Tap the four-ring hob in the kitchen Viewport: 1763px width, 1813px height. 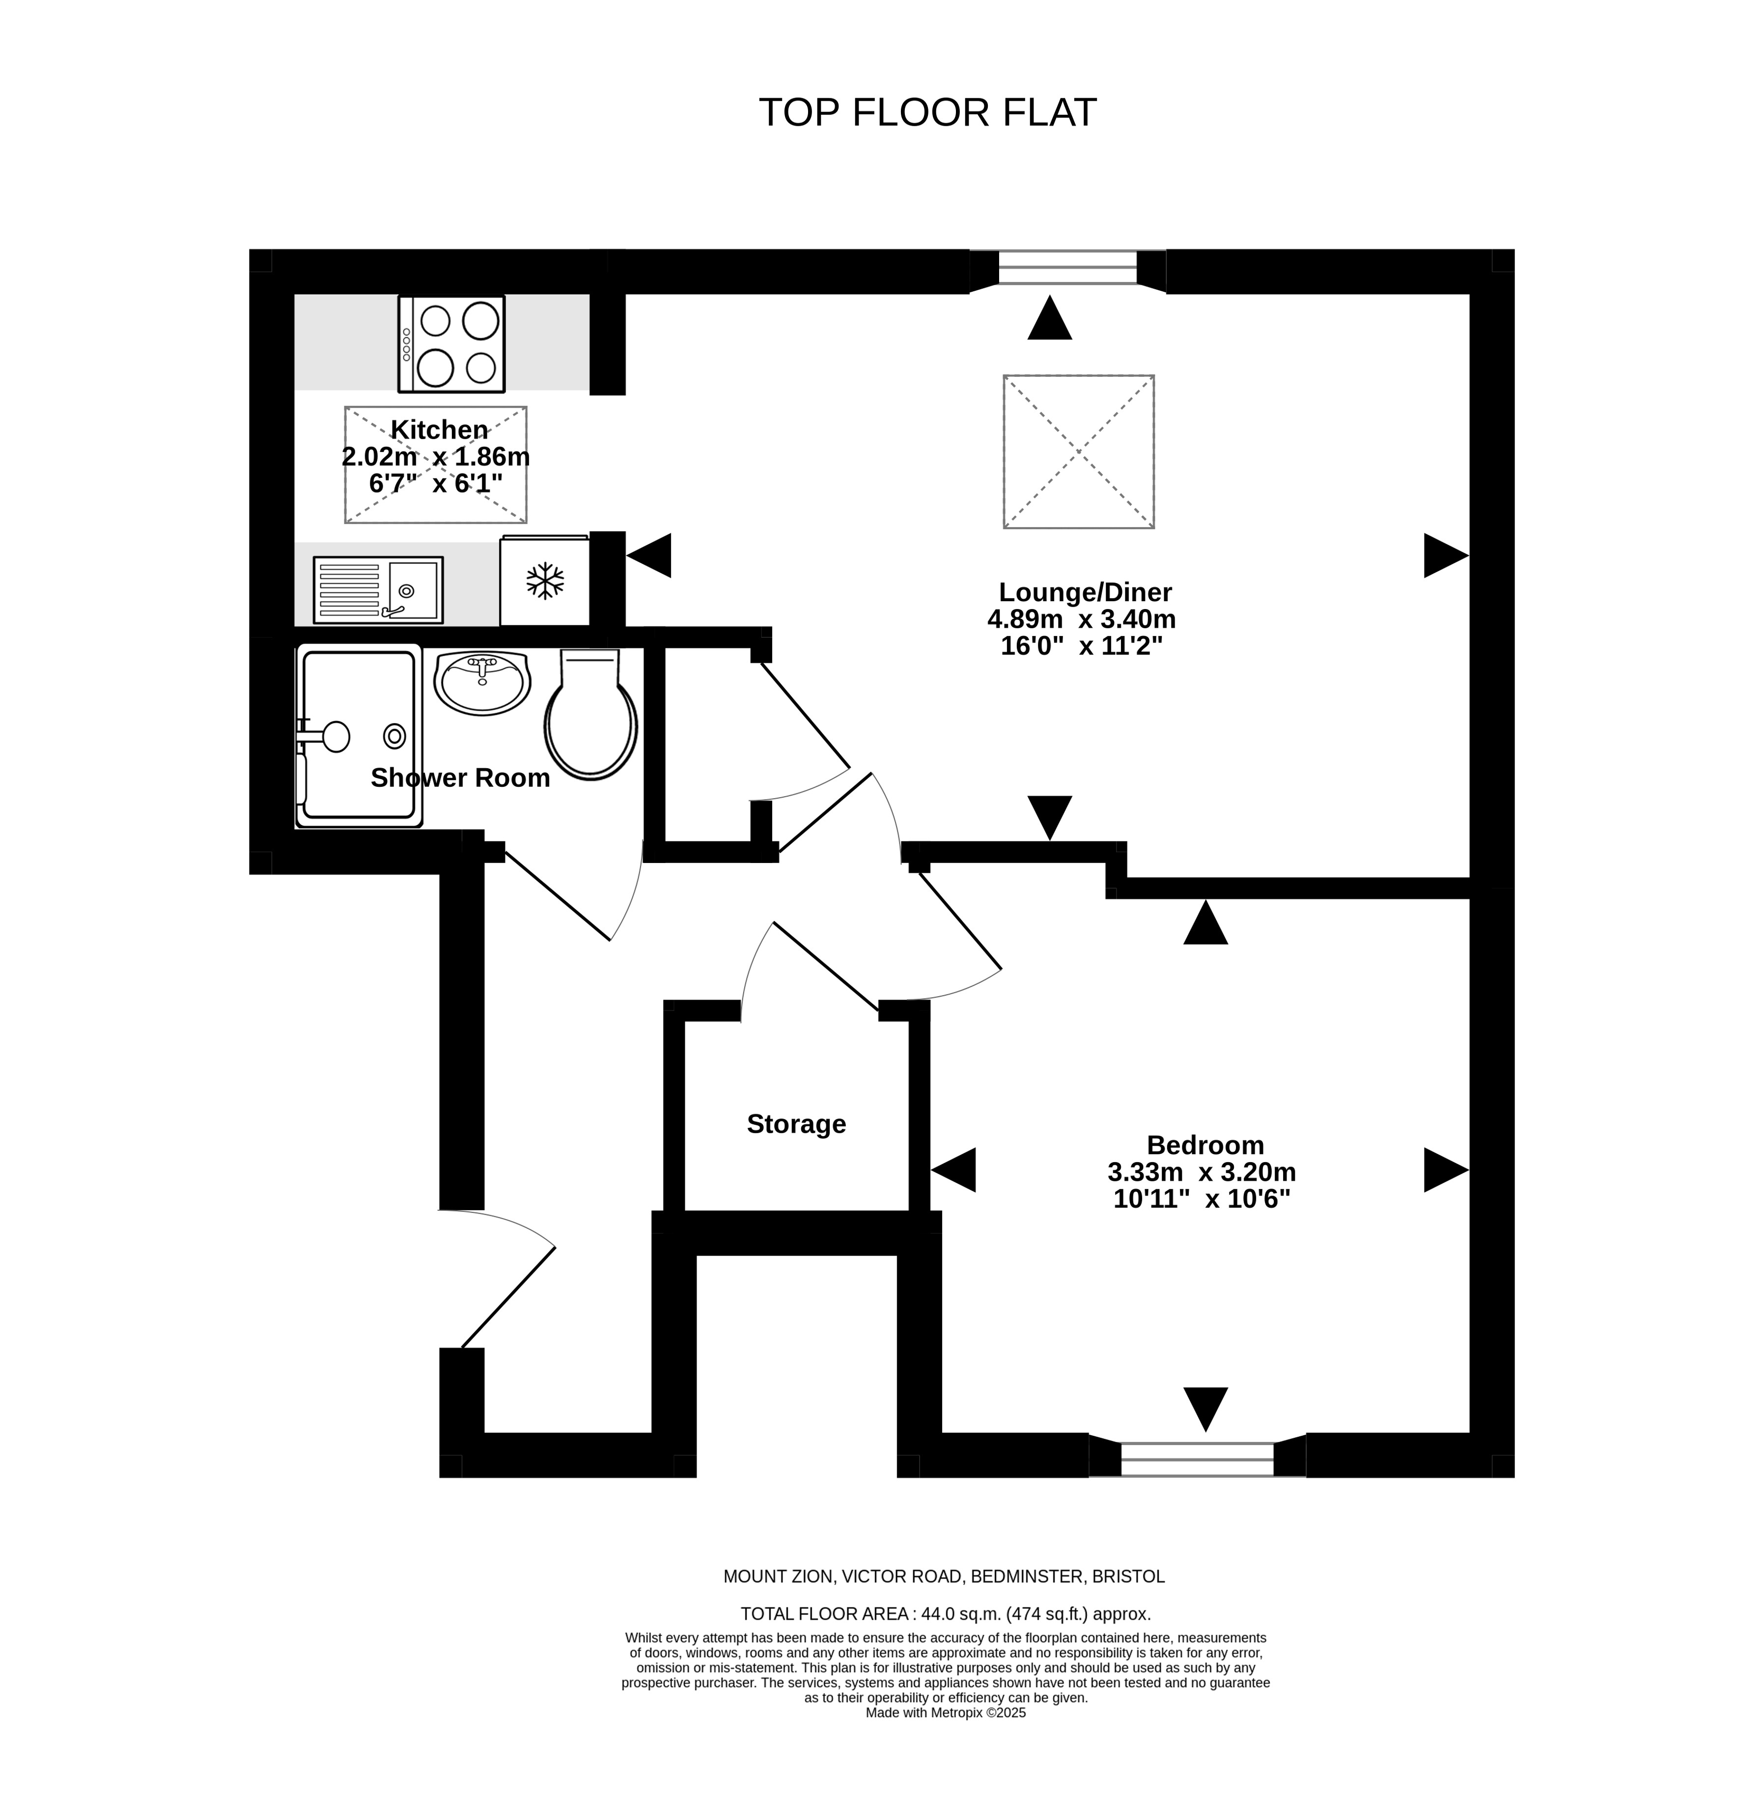click(x=452, y=343)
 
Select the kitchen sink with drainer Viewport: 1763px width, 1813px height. click(x=378, y=589)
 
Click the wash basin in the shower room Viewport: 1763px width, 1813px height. click(x=481, y=682)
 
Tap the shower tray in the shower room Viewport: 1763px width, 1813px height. click(x=359, y=736)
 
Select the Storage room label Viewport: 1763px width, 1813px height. click(x=796, y=1124)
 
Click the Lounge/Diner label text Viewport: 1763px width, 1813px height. click(x=1085, y=592)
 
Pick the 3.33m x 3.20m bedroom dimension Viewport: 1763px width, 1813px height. click(x=1202, y=1172)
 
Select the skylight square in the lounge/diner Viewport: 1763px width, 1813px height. click(x=1079, y=452)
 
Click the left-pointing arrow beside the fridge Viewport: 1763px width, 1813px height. click(x=649, y=556)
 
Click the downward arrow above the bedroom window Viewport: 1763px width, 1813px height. click(x=1205, y=1409)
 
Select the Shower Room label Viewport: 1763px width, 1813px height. click(x=460, y=778)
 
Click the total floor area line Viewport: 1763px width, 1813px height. click(x=946, y=1614)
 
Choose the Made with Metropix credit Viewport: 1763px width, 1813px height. click(x=946, y=1713)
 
